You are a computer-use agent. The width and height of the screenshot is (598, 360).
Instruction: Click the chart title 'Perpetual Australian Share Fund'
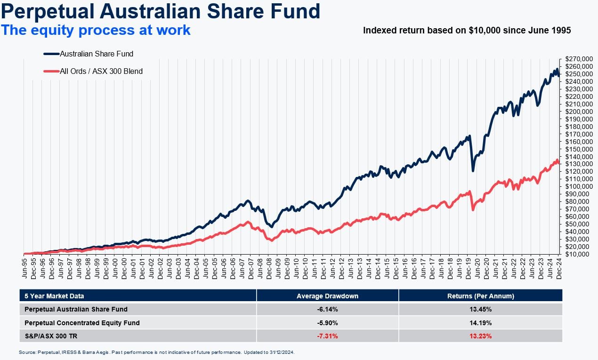click(160, 11)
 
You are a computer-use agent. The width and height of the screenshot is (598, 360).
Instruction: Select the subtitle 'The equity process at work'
click(96, 30)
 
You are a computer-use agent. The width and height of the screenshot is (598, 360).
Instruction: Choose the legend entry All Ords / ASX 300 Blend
click(101, 72)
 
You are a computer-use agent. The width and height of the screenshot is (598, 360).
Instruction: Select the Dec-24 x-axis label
click(558, 267)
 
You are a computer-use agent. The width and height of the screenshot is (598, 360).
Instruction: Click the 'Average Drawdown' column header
click(327, 296)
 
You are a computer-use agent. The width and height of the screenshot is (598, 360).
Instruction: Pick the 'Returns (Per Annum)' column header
click(480, 296)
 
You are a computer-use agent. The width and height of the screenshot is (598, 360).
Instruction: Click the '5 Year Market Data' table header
click(55, 296)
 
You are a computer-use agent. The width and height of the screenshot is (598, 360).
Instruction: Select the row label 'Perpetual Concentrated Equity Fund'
click(82, 323)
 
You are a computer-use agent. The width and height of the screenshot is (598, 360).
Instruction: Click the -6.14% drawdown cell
click(327, 309)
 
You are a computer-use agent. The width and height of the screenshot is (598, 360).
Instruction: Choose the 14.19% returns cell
click(480, 323)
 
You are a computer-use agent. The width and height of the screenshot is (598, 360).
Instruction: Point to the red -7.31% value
click(327, 336)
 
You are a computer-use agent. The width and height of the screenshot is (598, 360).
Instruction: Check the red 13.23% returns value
click(480, 336)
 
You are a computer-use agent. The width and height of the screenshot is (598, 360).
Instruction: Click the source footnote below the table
click(157, 352)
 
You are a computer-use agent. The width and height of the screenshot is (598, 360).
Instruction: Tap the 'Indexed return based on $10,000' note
click(467, 31)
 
